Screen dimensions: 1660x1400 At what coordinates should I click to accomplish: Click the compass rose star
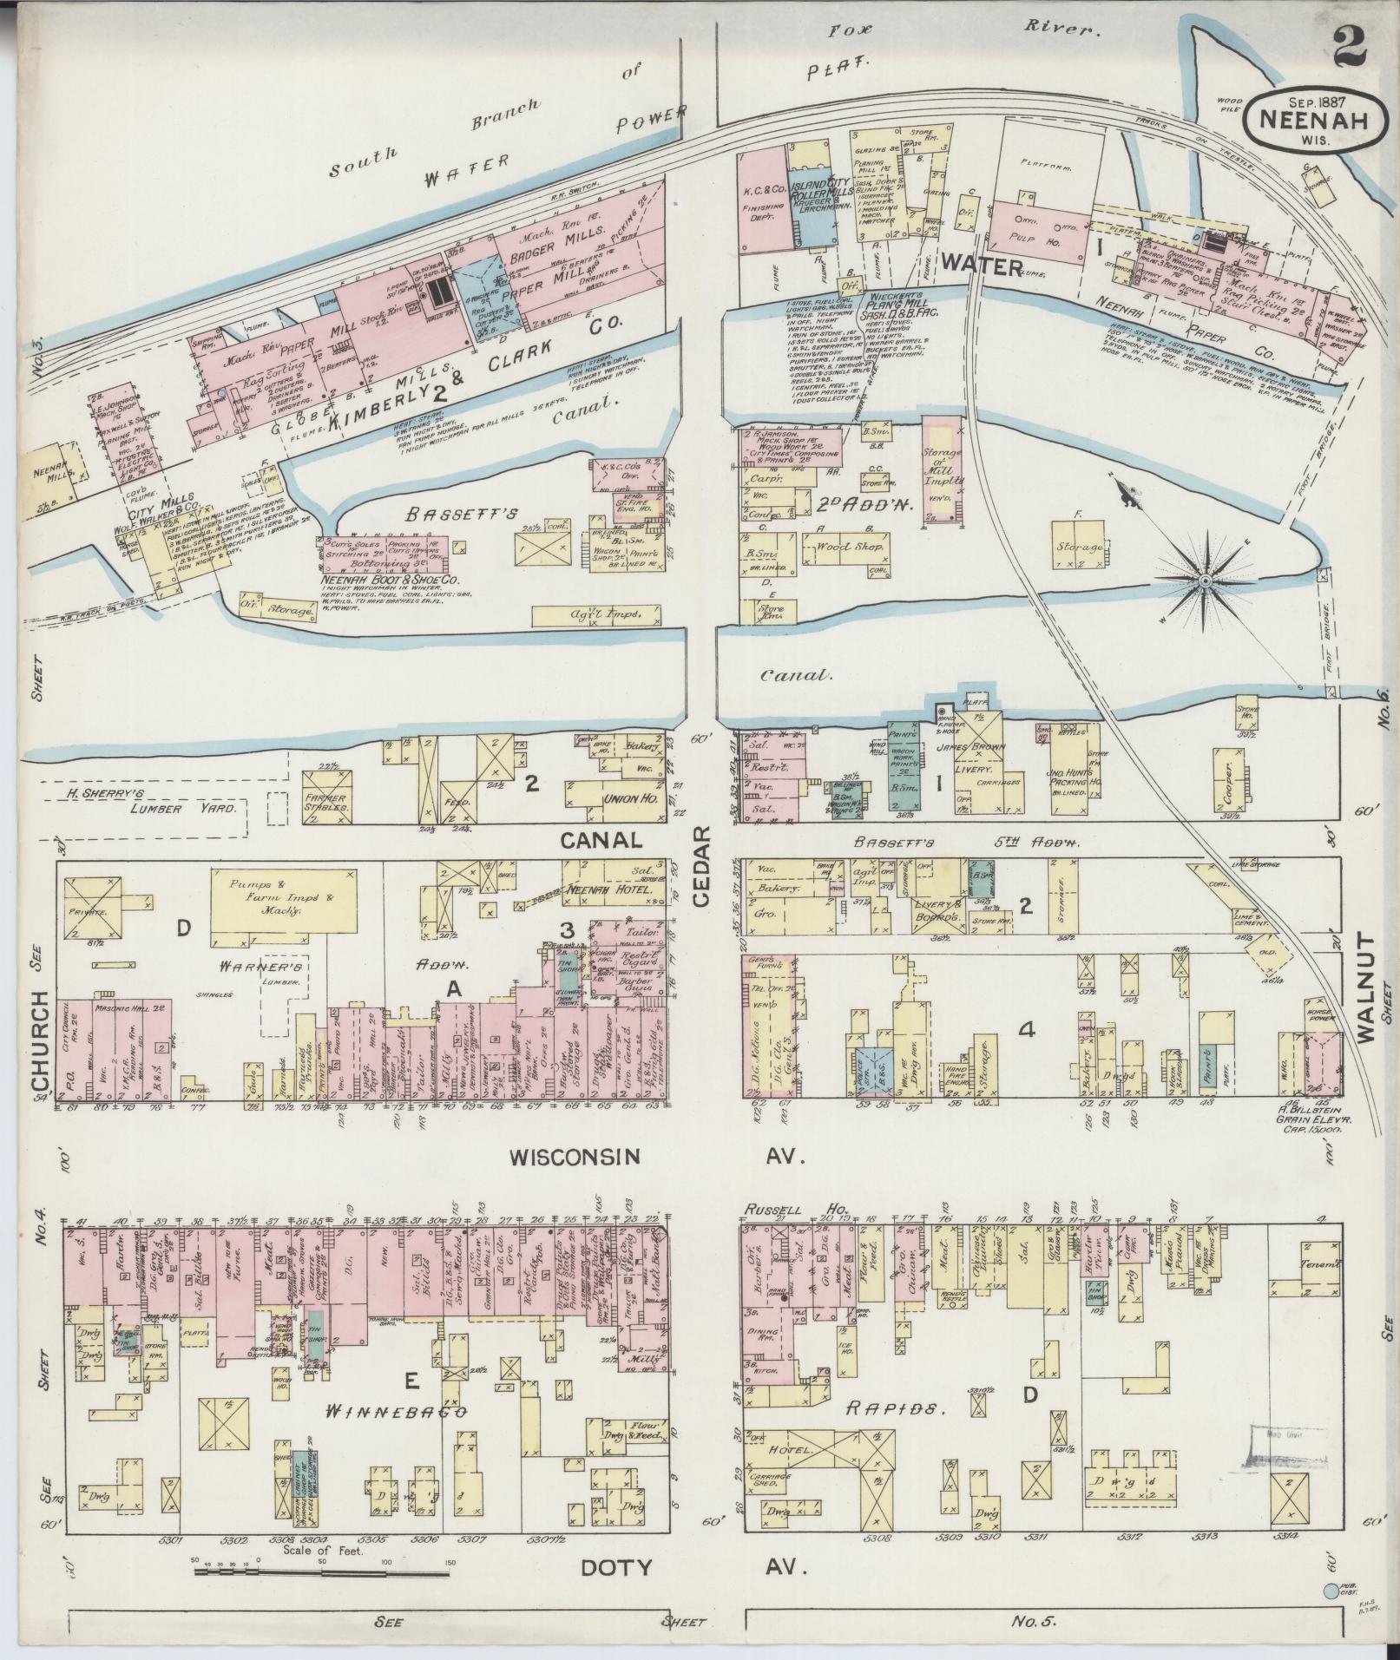click(x=1206, y=579)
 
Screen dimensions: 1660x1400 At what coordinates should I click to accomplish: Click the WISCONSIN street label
click(x=575, y=1157)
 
